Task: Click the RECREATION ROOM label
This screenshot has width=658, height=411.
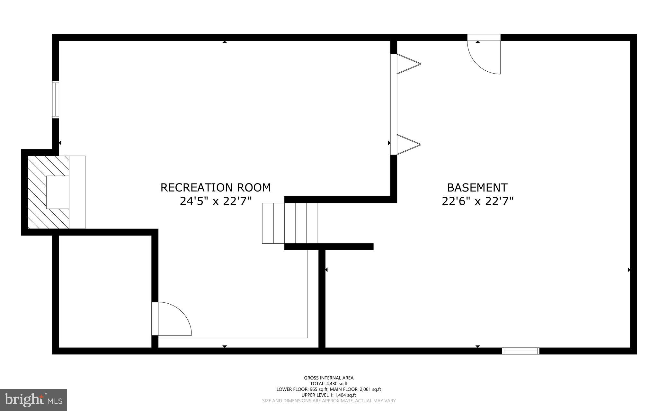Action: (216, 187)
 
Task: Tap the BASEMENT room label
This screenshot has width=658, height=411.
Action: (477, 187)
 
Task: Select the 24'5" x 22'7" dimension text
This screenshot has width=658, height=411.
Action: (216, 201)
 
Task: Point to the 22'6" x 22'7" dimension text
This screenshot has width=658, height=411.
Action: (477, 201)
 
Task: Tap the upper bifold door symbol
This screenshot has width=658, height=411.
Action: (408, 64)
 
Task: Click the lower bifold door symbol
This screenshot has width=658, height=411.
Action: (408, 145)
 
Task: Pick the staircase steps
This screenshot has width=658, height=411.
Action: (290, 223)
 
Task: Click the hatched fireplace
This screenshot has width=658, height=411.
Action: (48, 192)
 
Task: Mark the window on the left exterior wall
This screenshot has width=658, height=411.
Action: (56, 100)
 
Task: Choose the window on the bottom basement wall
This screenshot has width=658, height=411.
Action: (520, 351)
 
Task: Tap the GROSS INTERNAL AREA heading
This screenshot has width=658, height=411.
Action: (329, 378)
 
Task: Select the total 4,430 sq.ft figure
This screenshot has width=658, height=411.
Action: (337, 383)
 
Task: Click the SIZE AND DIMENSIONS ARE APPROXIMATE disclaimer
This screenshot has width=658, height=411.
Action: (329, 401)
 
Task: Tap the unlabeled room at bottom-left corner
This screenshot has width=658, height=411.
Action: (105, 291)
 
